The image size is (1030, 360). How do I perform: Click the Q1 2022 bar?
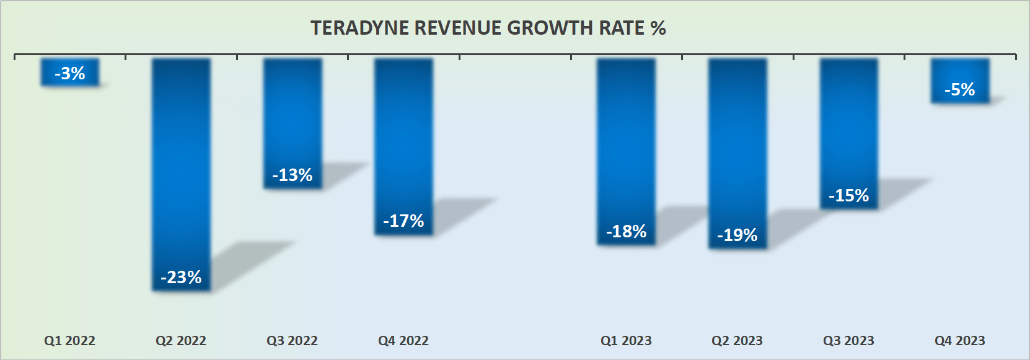coord(70,64)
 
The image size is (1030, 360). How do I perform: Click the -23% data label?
coord(181,277)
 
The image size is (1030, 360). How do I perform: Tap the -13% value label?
coord(293,175)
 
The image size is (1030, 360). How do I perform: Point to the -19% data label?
coord(737,235)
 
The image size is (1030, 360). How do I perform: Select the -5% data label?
coord(960,90)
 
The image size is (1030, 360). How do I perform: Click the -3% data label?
coord(70,74)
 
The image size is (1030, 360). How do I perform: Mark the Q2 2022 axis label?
coord(181,341)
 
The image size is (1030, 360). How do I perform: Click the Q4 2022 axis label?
coord(403,341)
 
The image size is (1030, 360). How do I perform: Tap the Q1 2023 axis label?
coord(626,341)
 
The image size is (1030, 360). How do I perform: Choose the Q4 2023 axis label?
coord(960,341)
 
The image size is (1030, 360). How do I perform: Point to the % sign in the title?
coord(658,29)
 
